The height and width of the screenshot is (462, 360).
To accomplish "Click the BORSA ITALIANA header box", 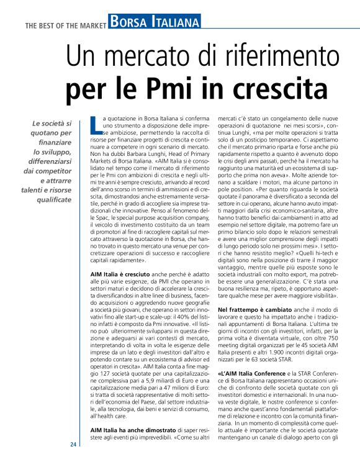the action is click(151, 23).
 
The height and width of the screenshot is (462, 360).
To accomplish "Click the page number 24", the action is click(73, 445).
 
